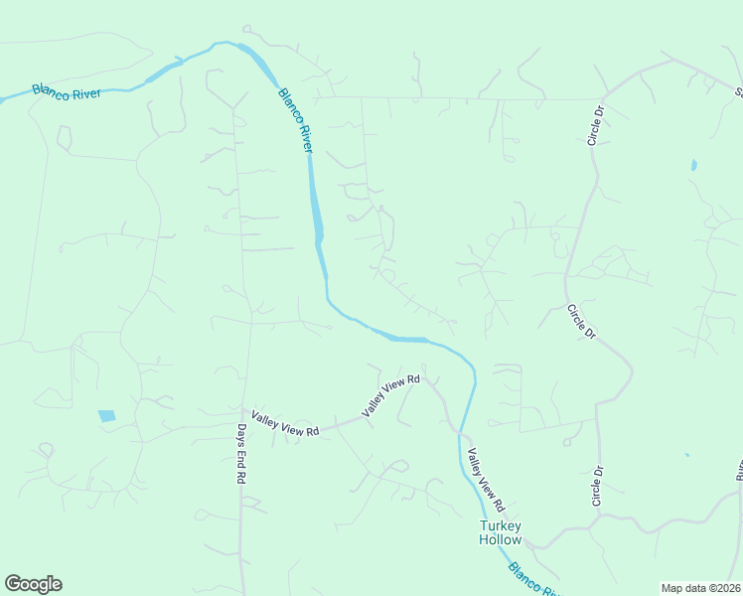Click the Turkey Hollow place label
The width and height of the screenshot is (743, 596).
(500, 532)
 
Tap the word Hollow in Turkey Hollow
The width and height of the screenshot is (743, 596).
(500, 539)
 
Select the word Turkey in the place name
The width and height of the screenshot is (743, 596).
(501, 525)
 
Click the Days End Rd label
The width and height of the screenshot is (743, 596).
(240, 454)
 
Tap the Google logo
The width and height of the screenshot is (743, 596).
(33, 584)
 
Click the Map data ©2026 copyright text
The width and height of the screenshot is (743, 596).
(700, 588)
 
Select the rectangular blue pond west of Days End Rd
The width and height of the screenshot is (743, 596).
(107, 415)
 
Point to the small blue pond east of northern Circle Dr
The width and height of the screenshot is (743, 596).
(693, 164)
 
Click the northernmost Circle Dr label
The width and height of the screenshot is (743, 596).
(597, 126)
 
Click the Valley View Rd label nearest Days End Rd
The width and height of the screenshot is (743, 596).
(285, 424)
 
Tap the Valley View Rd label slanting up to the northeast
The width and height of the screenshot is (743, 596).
(391, 395)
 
